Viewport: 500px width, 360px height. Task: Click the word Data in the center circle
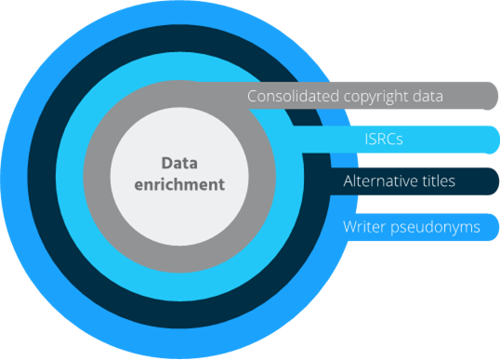pos(179,163)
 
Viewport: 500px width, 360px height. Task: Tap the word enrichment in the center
pos(179,184)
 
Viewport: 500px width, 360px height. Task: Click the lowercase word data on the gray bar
pos(435,96)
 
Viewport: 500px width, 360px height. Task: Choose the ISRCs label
pos(383,139)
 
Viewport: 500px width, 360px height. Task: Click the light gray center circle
pos(149,205)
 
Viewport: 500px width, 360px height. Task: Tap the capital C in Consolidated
pos(253,96)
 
